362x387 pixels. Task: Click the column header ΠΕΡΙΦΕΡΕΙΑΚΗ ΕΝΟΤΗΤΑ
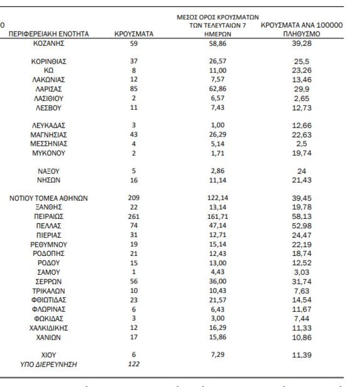coord(49,34)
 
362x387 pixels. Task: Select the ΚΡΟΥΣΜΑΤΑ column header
coord(133,34)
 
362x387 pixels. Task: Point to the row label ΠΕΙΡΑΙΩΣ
coord(49,216)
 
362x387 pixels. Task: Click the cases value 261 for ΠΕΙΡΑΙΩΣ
coord(133,216)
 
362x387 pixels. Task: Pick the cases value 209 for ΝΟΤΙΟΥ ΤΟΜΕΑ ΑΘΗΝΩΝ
coord(133,198)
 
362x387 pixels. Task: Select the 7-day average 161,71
coord(217,216)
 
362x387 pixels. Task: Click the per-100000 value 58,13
coord(302,216)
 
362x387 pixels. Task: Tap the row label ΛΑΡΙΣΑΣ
coord(49,89)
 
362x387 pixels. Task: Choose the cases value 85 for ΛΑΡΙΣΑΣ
coord(133,89)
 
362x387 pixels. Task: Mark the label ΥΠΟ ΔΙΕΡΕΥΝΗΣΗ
coord(49,364)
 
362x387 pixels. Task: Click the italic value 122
coord(133,364)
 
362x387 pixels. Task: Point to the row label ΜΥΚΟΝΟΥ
coord(49,153)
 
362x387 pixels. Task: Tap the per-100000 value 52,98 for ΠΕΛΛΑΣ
coord(302,225)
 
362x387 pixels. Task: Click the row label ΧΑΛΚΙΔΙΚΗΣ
coord(49,328)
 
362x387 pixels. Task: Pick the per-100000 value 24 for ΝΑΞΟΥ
coord(302,171)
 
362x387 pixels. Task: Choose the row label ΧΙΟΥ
coord(49,354)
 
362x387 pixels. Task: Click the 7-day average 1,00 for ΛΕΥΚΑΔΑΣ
coord(217,125)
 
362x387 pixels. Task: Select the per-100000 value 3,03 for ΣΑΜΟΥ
coord(302,272)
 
